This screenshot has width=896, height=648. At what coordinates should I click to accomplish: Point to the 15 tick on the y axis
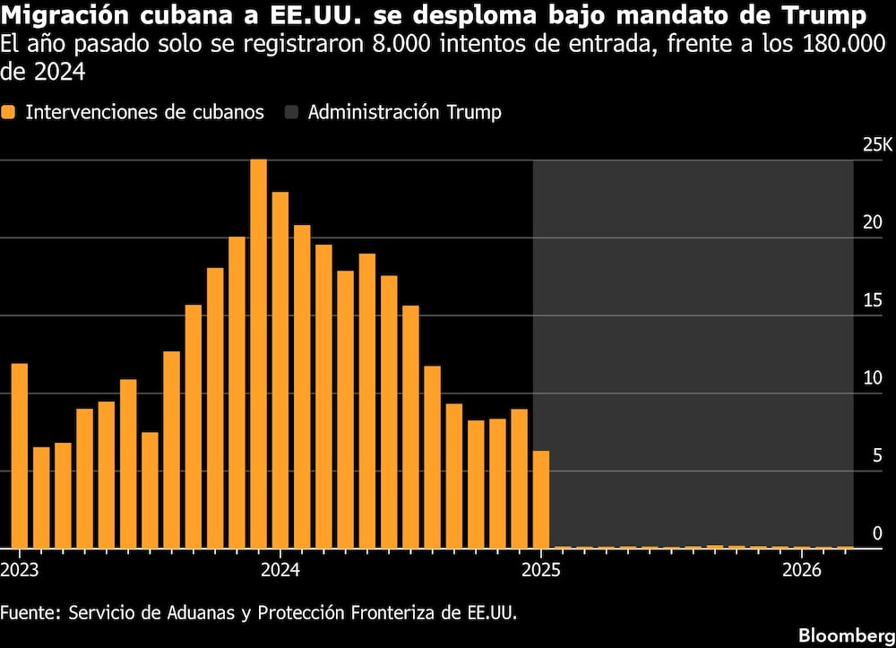872,300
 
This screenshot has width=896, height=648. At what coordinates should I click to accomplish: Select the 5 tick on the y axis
877,455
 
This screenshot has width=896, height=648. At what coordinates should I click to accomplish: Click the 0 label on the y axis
877,533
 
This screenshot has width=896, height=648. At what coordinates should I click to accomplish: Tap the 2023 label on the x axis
19,570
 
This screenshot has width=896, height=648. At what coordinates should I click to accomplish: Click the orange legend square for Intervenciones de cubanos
8,113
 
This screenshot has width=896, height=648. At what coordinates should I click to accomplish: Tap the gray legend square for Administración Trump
291,113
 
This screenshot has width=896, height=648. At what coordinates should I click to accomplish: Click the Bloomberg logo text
845,634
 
